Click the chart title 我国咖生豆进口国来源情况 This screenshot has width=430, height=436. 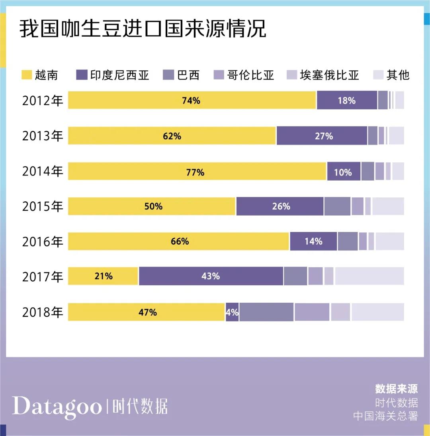[x=143, y=30]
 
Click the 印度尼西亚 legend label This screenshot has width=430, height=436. [x=120, y=75]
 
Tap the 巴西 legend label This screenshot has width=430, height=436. [x=188, y=75]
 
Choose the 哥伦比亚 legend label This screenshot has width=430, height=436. [x=251, y=75]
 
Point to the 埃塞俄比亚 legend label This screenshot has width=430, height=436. [x=329, y=75]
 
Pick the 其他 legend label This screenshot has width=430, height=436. [x=398, y=75]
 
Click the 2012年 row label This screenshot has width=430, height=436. [x=43, y=101]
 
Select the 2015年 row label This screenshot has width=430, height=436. [x=43, y=206]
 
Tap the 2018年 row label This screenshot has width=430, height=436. [x=43, y=312]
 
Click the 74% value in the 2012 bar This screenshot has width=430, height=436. [x=191, y=101]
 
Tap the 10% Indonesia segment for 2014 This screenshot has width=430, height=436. [x=343, y=172]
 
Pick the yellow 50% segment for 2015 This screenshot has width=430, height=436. [x=152, y=206]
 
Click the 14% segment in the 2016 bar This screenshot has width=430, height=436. [x=313, y=241]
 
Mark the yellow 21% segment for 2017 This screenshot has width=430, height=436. [x=103, y=276]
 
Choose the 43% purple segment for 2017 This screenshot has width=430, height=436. [x=211, y=276]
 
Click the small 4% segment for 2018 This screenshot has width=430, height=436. [x=232, y=312]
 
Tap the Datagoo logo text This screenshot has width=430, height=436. [x=57, y=406]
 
